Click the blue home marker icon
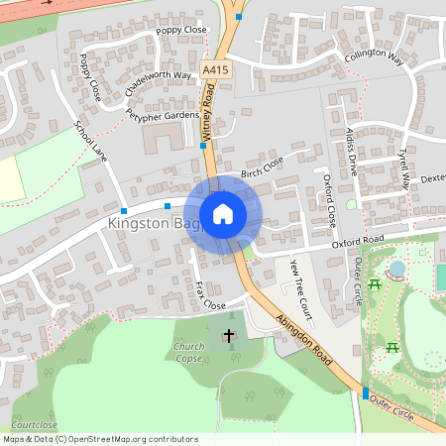tap(223, 213)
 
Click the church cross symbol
tap(229, 336)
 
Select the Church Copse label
tap(188, 351)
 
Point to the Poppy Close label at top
tap(182, 31)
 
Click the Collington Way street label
tap(376, 56)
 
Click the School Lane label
tap(90, 142)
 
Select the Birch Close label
tap(262, 166)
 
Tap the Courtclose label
tap(35, 424)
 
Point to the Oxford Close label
tap(330, 198)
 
